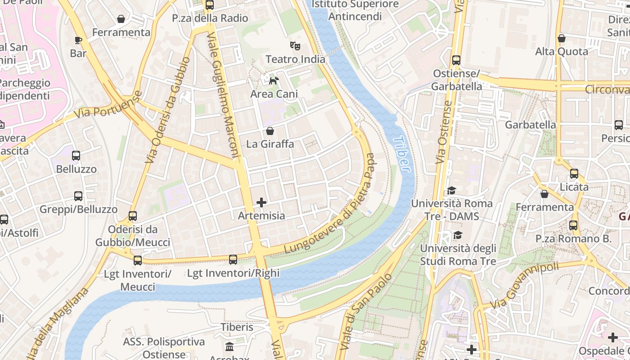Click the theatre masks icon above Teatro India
[x=295, y=45]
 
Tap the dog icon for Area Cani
[x=274, y=81]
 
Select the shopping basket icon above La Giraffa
[x=270, y=131]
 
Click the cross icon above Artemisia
[x=261, y=202]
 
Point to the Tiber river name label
[x=401, y=154]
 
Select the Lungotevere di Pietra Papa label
[x=331, y=204]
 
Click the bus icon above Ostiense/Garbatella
[x=456, y=60]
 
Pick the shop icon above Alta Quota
[x=561, y=39]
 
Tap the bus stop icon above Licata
[x=574, y=174]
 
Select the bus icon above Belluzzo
[x=76, y=156]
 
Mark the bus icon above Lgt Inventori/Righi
[x=233, y=260]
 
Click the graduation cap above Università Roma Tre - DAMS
[x=451, y=191]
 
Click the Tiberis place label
[x=237, y=327]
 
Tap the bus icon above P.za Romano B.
[x=573, y=225]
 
